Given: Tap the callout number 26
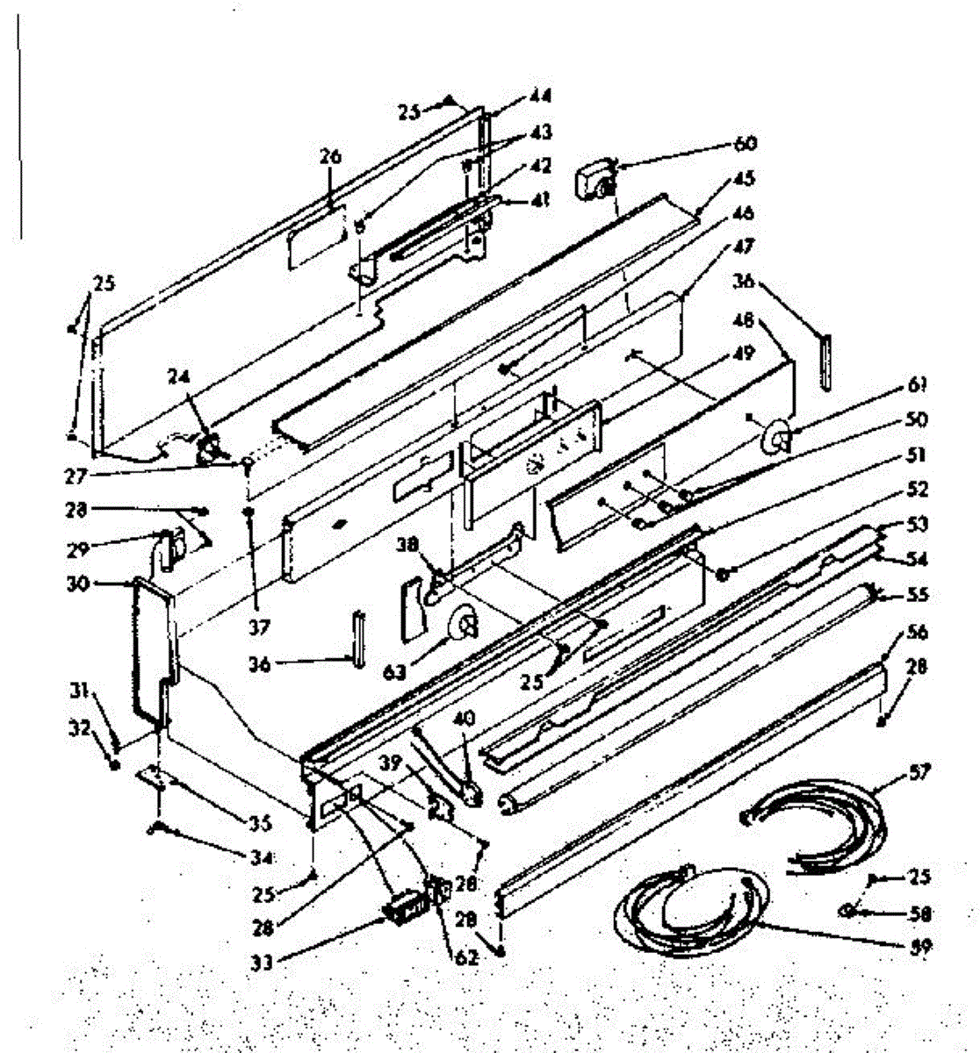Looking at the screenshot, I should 329,158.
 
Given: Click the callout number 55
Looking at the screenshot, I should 918,595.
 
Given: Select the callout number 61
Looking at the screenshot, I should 919,384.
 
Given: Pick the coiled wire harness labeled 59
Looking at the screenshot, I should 685,913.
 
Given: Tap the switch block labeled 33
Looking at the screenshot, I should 402,906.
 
